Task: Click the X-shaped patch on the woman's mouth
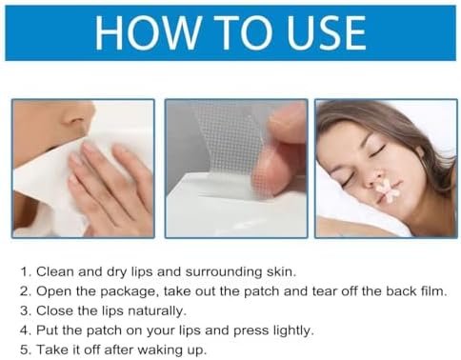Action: click(x=388, y=190)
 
